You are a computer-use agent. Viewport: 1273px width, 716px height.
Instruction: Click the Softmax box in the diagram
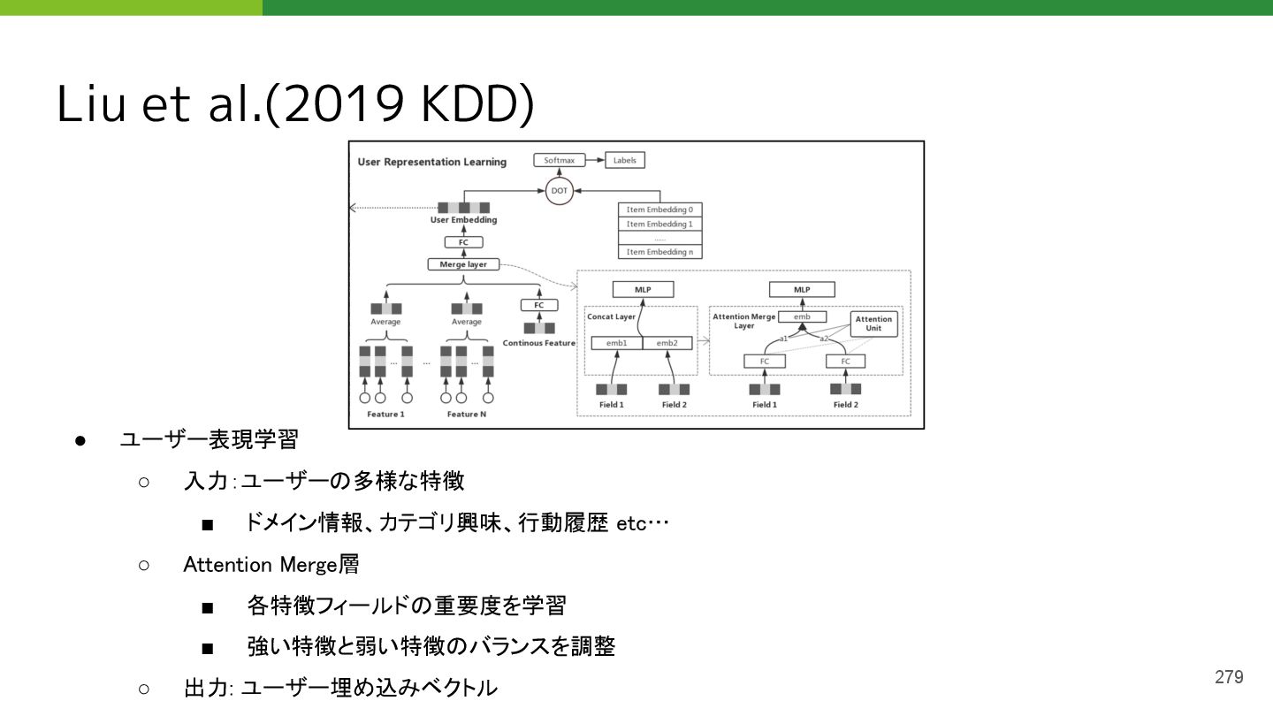click(559, 161)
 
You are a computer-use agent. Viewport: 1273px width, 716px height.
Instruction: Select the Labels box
click(624, 161)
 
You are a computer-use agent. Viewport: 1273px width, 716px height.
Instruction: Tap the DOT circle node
click(559, 191)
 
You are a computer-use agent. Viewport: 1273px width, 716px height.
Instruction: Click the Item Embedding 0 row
click(659, 209)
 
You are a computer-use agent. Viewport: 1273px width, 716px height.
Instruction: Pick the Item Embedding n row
click(659, 252)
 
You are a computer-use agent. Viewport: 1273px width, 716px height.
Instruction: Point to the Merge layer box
click(463, 264)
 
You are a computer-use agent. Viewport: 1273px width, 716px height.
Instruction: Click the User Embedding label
click(463, 220)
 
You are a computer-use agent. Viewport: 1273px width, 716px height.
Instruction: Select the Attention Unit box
click(873, 324)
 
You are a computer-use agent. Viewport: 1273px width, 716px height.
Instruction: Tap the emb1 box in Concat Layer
click(616, 343)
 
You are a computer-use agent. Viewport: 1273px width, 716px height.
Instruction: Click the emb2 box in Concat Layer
click(667, 343)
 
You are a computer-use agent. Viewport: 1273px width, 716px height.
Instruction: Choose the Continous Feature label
click(538, 343)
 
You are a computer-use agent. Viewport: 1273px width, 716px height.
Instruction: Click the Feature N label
click(467, 414)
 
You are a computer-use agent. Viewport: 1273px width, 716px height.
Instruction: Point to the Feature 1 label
click(385, 414)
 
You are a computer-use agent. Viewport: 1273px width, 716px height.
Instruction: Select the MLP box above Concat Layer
click(643, 289)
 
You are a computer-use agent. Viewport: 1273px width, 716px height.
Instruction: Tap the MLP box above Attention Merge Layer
click(801, 289)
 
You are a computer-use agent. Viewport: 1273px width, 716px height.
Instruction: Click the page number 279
click(1229, 677)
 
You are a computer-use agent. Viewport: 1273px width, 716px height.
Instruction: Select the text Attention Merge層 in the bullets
click(271, 564)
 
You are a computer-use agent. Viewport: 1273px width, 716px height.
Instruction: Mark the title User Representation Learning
click(431, 162)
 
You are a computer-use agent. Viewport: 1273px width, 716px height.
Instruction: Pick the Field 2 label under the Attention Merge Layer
click(845, 405)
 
